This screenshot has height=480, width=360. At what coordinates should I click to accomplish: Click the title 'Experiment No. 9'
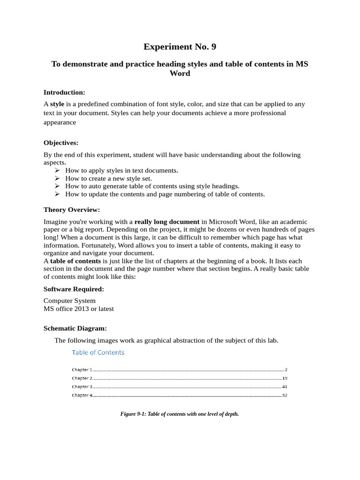(180, 46)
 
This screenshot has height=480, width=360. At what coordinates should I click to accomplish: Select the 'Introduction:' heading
(64, 92)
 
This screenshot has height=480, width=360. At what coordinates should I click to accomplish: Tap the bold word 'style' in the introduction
(57, 104)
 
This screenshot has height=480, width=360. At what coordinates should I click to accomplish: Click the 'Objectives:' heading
(61, 142)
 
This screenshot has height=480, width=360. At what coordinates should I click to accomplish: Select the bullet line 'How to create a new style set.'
(108, 179)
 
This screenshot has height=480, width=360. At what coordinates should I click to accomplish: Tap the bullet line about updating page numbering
(165, 194)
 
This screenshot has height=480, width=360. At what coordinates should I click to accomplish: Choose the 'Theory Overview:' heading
(72, 210)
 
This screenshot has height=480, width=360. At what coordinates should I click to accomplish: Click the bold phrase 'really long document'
(167, 222)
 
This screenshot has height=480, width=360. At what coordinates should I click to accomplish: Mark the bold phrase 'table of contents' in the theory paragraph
(75, 261)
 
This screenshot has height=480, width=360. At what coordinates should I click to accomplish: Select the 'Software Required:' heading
(74, 289)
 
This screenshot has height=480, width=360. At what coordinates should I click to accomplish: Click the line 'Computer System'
(69, 301)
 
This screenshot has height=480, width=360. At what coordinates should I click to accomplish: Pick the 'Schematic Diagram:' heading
(75, 329)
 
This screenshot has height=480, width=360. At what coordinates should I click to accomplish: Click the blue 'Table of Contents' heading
(98, 352)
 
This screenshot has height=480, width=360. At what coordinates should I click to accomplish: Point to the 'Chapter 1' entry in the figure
(82, 370)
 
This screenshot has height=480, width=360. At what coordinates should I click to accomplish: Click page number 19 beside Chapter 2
(285, 378)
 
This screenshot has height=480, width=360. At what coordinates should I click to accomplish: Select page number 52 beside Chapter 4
(285, 396)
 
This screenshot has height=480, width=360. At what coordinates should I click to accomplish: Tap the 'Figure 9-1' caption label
(133, 414)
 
